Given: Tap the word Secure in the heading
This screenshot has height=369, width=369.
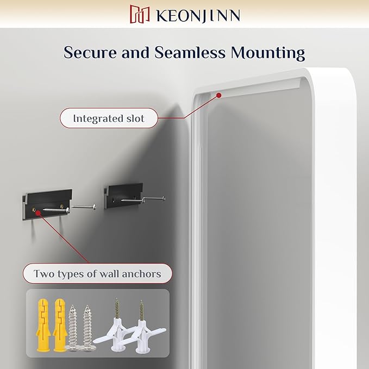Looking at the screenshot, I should [90, 53].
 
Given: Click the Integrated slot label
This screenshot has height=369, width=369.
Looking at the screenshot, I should [109, 117].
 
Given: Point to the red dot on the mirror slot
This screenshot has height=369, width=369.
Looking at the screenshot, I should [218, 95].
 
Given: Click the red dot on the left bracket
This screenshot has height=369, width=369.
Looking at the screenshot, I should [37, 214].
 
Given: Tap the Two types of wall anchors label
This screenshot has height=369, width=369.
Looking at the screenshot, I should [97, 273].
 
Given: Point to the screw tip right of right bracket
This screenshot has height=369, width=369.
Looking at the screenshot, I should [164, 197].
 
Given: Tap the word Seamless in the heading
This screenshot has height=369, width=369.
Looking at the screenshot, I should [183, 53].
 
